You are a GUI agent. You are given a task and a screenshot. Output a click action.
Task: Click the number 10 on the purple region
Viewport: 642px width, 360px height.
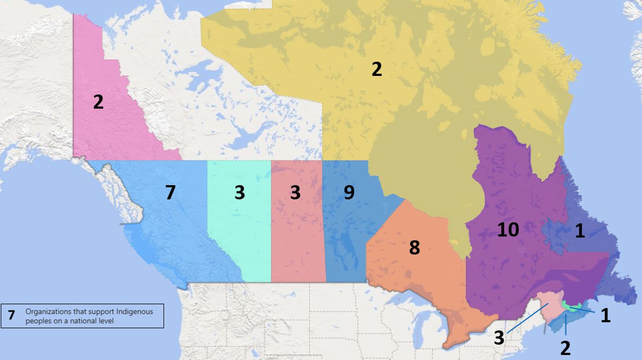click(x=508, y=229)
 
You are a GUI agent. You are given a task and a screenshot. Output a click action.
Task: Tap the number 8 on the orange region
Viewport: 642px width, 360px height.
click(x=414, y=247)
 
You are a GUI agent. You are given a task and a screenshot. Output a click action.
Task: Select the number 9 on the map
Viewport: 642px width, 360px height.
click(x=349, y=192)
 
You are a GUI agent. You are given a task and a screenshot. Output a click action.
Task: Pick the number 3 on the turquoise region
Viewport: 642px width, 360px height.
click(x=239, y=192)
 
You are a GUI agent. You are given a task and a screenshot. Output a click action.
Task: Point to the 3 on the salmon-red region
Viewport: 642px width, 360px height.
click(x=295, y=192)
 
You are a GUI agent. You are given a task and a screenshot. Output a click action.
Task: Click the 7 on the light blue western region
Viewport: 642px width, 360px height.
click(x=170, y=192)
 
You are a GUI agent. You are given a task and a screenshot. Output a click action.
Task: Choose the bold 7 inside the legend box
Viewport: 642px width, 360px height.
click(x=11, y=315)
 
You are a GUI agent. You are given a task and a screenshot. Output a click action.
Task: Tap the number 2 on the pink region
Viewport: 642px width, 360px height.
click(x=98, y=102)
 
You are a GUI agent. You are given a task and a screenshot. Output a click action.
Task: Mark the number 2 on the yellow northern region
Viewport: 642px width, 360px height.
click(x=376, y=69)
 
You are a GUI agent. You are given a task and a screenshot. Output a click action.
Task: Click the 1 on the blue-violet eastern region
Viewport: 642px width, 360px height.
click(x=579, y=231)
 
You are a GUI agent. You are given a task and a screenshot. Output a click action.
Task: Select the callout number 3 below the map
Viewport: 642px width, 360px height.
click(x=499, y=338)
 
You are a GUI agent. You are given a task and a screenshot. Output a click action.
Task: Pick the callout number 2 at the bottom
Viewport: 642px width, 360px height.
click(x=565, y=348)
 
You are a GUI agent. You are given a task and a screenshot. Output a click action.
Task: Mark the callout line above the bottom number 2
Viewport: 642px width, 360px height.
click(x=565, y=325)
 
